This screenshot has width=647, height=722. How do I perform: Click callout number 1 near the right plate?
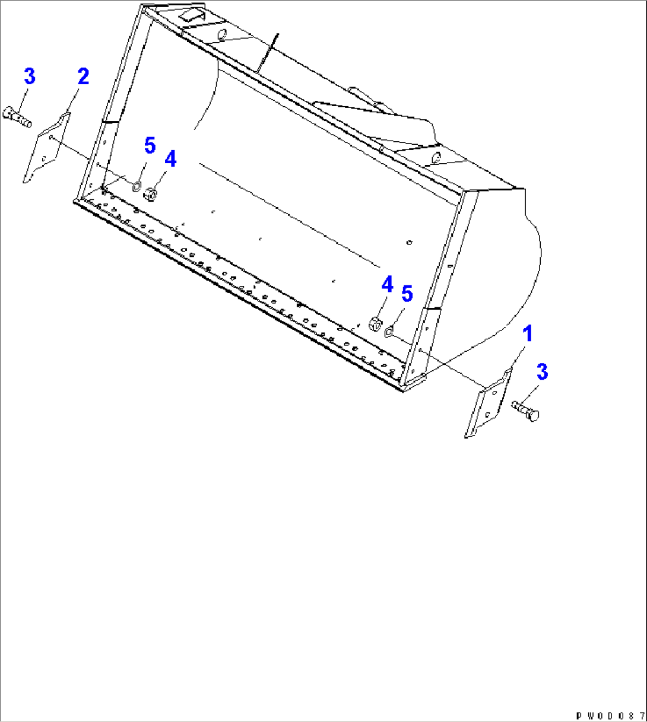pos(527,335)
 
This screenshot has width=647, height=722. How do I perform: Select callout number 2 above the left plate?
pos(83,77)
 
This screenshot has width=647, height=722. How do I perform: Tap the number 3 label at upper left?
pos(29,77)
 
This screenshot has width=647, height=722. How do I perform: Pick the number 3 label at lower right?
pos(542,373)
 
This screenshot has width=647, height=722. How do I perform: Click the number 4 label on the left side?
pos(170,159)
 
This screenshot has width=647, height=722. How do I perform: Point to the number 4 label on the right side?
pos(387,285)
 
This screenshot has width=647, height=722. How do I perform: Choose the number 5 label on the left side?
pos(150,145)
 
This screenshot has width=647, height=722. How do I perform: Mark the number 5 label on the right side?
pos(407,294)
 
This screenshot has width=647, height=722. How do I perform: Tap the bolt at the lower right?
pos(526,411)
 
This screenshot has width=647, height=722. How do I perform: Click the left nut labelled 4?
pos(151,193)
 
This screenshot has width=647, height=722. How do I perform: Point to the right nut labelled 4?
pos(375,324)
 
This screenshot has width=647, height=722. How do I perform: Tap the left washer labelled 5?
pos(136,187)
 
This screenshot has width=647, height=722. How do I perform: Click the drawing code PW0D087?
pos(610,716)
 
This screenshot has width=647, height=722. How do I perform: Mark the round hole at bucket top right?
pos(436,158)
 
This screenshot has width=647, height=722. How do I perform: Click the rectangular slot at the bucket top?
pos(192,15)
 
